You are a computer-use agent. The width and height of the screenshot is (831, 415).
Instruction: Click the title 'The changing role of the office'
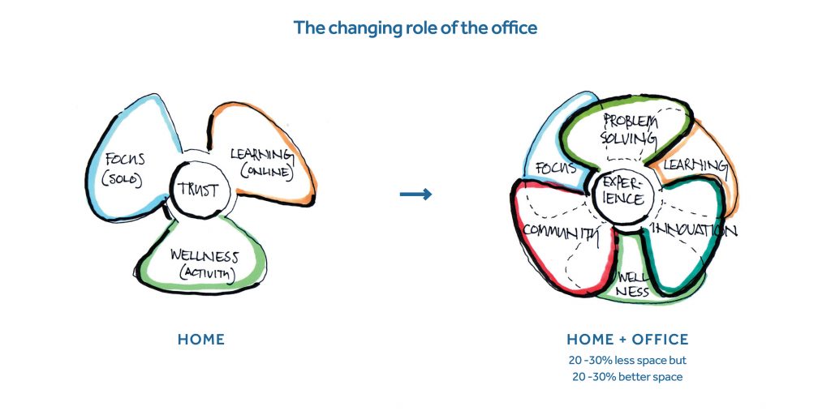coord(415,28)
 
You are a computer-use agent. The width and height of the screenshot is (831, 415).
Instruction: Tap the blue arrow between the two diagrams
coord(415,195)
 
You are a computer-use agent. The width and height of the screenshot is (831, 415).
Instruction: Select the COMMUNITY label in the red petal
coord(562,231)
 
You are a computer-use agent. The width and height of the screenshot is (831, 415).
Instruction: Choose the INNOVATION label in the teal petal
coord(694,230)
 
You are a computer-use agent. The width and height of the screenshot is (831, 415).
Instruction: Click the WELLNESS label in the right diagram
coord(633,284)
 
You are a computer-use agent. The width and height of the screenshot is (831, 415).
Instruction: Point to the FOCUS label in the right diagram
coord(555,169)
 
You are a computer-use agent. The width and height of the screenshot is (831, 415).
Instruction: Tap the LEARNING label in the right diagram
coord(695,165)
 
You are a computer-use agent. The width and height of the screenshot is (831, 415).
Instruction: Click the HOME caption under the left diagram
coord(201,340)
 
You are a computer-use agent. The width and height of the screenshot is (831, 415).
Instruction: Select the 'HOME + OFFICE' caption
coord(627,340)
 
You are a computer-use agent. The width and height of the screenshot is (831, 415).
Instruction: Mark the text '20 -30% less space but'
coord(627,361)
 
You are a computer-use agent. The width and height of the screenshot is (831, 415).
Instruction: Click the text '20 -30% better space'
coord(627,377)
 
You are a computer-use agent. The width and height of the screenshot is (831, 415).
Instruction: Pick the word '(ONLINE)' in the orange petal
coord(267,173)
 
